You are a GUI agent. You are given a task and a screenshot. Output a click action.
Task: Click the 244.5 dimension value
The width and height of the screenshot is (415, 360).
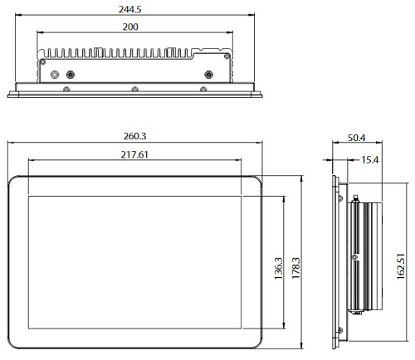point(129,10)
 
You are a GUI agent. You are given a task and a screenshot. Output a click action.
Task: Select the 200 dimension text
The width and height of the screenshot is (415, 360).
point(130,27)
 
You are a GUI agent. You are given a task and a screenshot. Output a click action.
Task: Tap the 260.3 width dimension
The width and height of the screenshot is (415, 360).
point(134,136)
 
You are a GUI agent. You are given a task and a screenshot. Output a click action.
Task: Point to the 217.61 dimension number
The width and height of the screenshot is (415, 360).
point(134,155)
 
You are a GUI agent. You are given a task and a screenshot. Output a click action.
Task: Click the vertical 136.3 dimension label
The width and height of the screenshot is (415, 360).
point(278,268)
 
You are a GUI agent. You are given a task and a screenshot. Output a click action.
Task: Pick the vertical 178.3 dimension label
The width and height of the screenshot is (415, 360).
point(295,268)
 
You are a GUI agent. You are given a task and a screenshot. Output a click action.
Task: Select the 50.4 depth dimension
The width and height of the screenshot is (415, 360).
point(356,138)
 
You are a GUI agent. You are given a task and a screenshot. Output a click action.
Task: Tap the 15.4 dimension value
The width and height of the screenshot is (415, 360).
point(370,160)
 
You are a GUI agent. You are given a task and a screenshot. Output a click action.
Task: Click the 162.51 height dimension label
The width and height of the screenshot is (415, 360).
point(401,266)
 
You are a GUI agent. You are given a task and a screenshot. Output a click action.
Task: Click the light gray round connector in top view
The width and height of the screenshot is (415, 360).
point(55,75)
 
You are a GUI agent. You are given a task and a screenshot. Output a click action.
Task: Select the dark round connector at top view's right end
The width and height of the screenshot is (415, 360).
point(208,75)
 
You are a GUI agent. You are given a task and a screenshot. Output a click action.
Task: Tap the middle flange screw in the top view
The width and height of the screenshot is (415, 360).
point(134,89)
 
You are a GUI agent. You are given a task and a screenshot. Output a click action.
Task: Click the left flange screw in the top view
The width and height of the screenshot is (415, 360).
point(66,89)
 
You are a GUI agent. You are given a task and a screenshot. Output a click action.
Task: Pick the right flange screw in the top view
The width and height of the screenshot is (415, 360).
point(203,89)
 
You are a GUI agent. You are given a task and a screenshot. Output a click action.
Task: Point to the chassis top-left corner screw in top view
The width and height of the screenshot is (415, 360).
point(43,62)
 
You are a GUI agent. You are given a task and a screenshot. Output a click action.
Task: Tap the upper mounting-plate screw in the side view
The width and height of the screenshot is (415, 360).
point(340,198)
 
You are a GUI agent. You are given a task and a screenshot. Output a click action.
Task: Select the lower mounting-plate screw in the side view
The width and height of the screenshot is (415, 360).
point(340,330)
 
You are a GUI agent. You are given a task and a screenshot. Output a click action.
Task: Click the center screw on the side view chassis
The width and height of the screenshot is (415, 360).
point(355,257)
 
